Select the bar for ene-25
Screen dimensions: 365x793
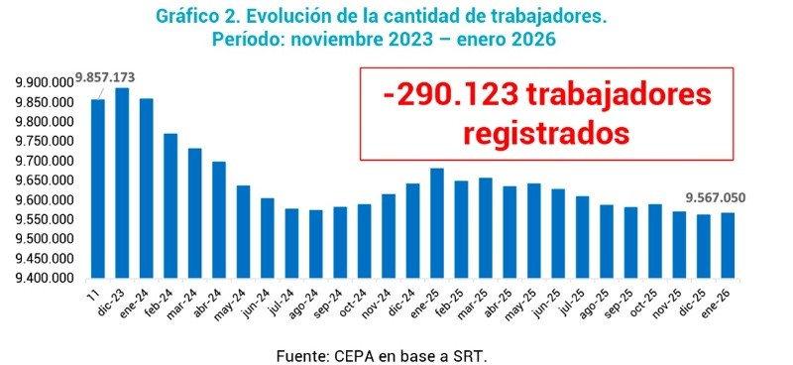[437, 223]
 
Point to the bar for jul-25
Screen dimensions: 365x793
[582, 237]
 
